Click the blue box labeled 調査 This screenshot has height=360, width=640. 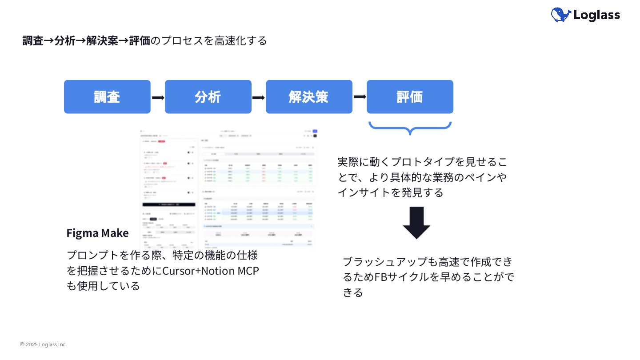coord(107,97)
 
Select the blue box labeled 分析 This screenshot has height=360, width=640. coord(208,97)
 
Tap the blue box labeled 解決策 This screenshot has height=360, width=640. coord(309,97)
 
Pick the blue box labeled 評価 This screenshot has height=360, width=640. coord(410,97)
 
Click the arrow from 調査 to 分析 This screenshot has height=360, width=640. coord(158,97)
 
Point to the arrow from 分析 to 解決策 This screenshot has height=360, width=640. coord(259,97)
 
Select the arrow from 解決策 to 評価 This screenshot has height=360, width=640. coord(360,96)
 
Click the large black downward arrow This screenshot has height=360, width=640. coord(416,223)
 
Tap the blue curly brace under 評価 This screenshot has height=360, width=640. coord(410,128)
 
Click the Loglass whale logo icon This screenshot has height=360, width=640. coord(561,15)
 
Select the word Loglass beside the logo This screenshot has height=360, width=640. coord(596,15)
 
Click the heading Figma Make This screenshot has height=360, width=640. coord(97,233)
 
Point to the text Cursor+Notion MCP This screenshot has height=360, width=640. coord(211,271)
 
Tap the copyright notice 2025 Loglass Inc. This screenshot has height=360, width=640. coord(43,344)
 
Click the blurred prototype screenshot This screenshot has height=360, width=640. coord(229,187)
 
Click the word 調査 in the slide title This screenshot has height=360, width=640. coord(33,40)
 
